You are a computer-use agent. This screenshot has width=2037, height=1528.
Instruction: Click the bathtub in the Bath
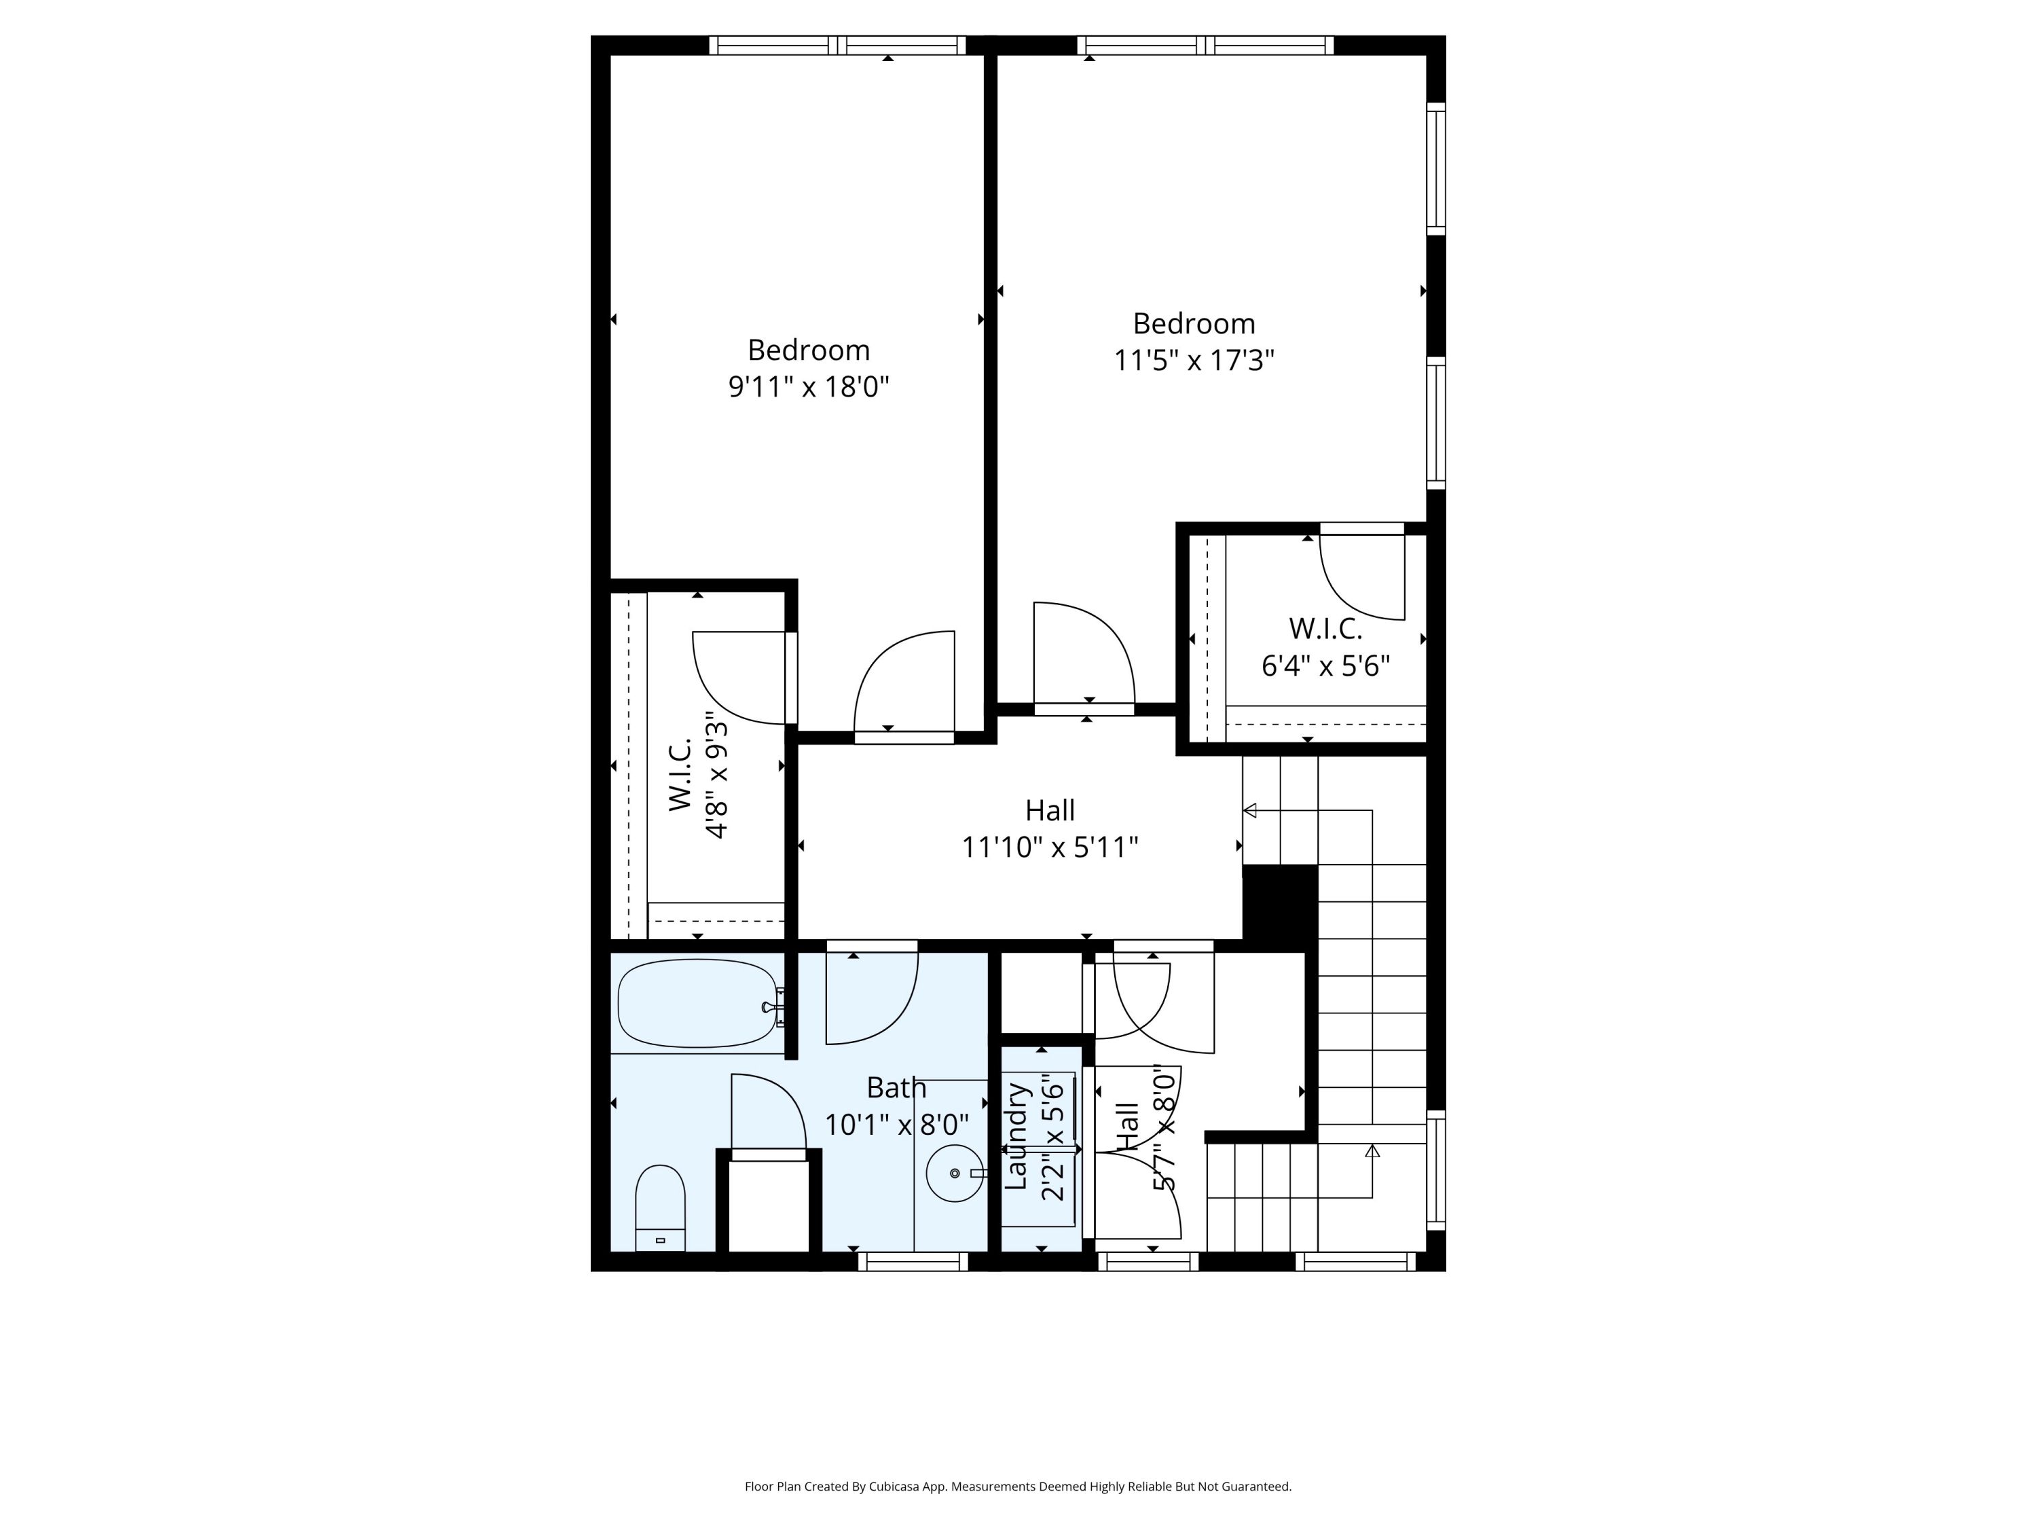(697, 1004)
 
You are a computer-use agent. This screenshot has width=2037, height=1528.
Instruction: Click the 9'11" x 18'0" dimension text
(809, 386)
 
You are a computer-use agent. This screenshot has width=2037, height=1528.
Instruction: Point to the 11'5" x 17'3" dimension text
(1194, 360)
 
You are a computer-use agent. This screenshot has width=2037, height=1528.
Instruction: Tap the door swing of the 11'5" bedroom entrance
(1082, 654)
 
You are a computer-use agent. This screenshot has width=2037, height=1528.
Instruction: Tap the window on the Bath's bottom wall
(913, 1261)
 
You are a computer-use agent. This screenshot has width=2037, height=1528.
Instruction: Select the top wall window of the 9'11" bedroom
(836, 45)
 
